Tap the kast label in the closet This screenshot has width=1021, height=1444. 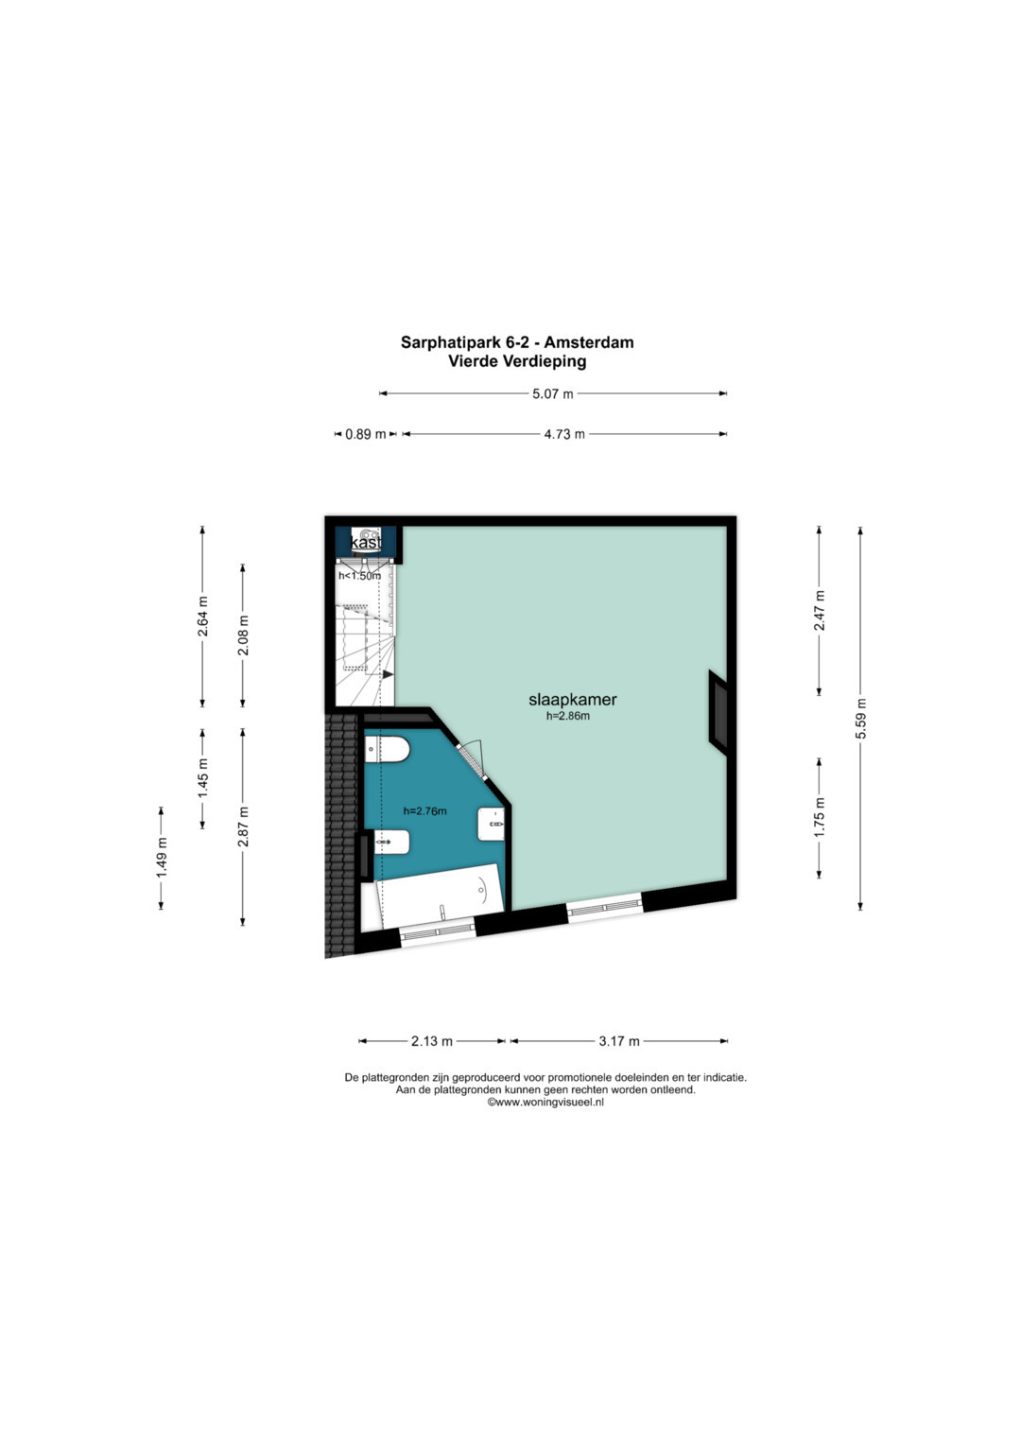(x=366, y=543)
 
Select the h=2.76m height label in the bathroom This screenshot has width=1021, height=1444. (x=424, y=811)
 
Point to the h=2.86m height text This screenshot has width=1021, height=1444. (x=568, y=715)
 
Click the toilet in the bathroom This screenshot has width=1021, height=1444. (x=388, y=750)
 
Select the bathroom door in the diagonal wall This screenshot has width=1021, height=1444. (x=473, y=760)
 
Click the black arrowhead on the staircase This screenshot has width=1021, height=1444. (x=388, y=674)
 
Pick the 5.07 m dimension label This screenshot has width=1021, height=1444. (x=552, y=394)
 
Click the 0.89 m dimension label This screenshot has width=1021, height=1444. (x=366, y=434)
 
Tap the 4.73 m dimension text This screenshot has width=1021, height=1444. (x=564, y=434)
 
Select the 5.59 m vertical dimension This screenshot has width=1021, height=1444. (x=860, y=718)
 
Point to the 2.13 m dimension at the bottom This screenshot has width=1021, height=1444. (x=432, y=1041)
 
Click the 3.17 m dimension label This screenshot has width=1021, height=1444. (x=619, y=1041)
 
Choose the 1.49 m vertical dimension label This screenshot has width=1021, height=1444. (x=161, y=858)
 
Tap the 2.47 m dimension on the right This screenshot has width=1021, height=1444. (x=820, y=611)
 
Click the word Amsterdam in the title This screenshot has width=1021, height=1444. (x=594, y=342)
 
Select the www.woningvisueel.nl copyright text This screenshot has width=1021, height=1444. (x=545, y=1103)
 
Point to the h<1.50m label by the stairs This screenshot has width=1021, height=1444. (x=359, y=576)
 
